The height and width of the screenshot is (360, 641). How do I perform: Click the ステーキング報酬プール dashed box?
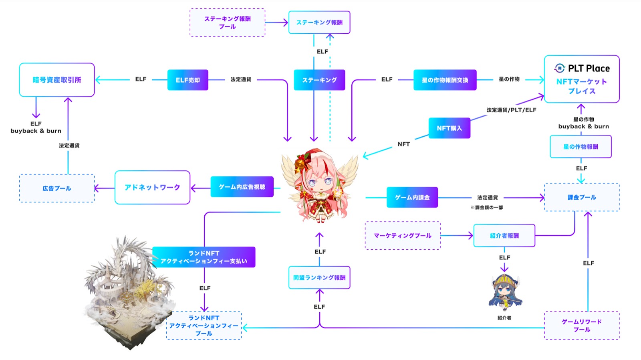227,23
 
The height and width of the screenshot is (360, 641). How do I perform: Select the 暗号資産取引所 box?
57,80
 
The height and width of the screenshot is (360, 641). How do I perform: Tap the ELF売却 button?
187,80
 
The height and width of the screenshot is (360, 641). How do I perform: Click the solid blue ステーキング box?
319,80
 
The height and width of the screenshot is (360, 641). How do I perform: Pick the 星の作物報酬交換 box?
445,80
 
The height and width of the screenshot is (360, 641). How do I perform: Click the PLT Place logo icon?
560,68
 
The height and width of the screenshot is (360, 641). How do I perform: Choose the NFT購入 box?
449,128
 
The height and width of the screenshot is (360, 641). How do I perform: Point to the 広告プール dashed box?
57,188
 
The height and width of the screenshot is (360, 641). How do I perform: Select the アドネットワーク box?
152,187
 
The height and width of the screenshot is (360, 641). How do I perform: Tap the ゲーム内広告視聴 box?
242,187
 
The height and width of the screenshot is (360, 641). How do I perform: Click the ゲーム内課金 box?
412,197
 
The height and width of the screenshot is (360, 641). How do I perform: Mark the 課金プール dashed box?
581,197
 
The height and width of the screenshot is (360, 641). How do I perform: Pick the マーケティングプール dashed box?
402,236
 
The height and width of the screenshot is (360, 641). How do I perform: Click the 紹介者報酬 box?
504,236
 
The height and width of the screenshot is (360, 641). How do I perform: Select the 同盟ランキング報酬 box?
319,277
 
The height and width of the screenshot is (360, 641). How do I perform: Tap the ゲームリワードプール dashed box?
581,326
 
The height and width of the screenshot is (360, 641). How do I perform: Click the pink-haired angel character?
319,186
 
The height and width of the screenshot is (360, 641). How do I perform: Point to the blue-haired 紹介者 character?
505,293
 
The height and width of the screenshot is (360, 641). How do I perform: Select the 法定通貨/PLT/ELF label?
511,110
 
